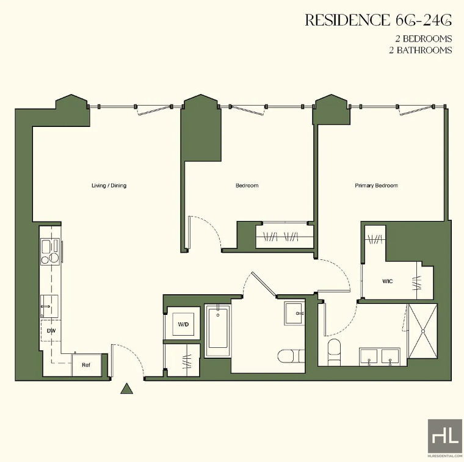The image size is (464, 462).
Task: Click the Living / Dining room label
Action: tap(109, 186)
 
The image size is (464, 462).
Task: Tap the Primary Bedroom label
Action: tap(376, 186)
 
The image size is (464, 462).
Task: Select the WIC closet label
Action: tap(387, 281)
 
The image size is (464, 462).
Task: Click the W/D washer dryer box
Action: tap(184, 324)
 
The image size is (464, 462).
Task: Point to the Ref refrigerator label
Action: tap(86, 365)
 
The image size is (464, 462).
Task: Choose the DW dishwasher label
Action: tap(51, 331)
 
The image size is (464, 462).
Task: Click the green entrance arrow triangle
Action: tap(126, 388)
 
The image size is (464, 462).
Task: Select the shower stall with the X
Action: tap(422, 331)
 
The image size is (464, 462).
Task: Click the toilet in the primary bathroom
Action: tap(335, 352)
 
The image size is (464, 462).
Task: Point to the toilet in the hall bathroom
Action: tap(291, 356)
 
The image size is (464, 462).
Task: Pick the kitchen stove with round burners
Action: tap(50, 251)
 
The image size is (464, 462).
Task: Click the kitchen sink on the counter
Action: tap(49, 306)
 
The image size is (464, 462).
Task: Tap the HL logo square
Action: tap(445, 436)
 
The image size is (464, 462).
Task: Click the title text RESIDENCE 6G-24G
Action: tap(379, 20)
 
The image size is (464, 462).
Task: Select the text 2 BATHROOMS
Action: tap(421, 50)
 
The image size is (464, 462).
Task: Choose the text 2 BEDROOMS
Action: tap(424, 38)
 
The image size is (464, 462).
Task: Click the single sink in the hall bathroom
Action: tap(294, 313)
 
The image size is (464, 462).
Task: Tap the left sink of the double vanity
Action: tap(369, 356)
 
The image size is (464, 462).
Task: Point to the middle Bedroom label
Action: tap(247, 186)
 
